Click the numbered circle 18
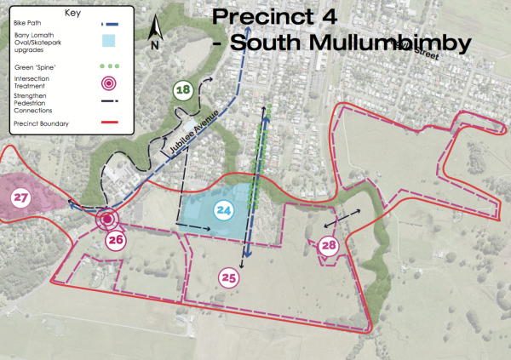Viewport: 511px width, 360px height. [181, 90]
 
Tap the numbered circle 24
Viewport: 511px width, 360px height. [225, 209]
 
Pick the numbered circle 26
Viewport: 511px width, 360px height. [117, 241]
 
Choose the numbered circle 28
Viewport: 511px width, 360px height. [329, 246]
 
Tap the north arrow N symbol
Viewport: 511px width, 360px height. [154, 34]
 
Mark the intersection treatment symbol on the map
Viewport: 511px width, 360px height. [106, 220]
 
